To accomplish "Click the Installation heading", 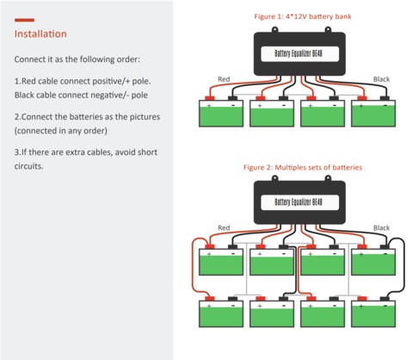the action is (40, 34).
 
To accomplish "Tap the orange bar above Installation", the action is (24, 20).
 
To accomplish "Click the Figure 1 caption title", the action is (303, 16).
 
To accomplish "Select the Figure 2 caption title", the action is (303, 167).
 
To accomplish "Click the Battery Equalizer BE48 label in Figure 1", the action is (299, 53).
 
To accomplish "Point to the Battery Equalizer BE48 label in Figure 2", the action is (299, 202).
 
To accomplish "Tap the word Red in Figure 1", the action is (224, 79).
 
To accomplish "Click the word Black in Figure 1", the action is (381, 79).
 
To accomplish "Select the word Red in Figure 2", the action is (224, 227).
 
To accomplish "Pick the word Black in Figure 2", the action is (381, 227).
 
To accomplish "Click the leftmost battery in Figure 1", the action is (221, 114).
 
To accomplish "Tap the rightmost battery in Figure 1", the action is (373, 114).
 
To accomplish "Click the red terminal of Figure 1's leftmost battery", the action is (210, 98).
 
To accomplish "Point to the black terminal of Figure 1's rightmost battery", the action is (385, 98).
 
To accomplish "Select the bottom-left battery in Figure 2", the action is (221, 313).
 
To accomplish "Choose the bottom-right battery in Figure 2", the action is (373, 313).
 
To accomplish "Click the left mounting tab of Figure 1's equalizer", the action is (274, 29).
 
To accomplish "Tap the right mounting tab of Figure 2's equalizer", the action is (328, 178).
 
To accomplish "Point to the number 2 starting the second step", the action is (16, 117).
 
